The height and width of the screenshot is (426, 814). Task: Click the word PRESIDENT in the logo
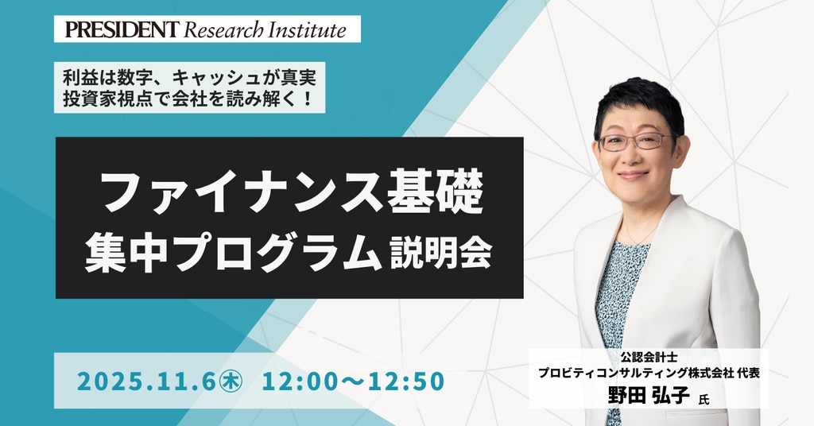click(122, 29)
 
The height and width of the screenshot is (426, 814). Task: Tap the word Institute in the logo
click(307, 30)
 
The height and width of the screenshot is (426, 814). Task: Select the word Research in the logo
click(223, 30)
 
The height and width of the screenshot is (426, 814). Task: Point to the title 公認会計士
click(649, 358)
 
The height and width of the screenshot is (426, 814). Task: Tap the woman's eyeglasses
click(635, 141)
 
